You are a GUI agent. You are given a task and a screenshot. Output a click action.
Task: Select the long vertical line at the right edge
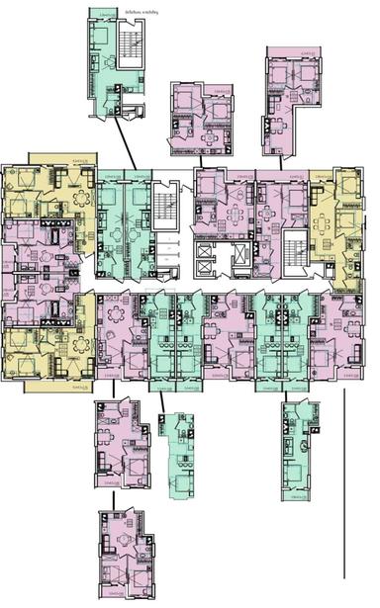coord(343,484)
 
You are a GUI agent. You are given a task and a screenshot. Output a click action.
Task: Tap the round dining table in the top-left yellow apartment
coord(79,199)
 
